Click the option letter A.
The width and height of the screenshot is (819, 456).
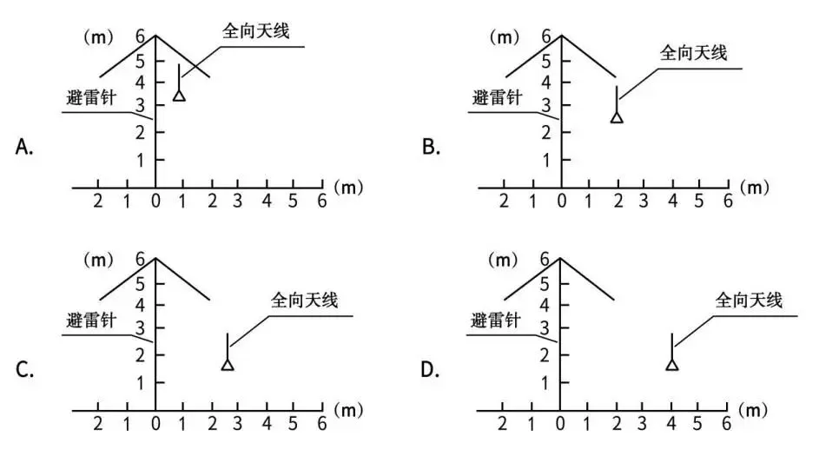tap(24, 147)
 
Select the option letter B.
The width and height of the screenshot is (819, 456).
tap(431, 147)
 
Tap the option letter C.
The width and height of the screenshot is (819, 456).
tap(24, 370)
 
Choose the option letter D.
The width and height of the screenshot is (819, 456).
tap(429, 370)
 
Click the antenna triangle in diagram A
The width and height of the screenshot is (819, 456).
tap(179, 96)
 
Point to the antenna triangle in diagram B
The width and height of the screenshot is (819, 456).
tap(617, 117)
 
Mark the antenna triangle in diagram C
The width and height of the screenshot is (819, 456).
tap(228, 365)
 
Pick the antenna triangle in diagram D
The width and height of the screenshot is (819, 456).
tap(672, 365)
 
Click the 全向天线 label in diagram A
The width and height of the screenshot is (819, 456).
tap(256, 30)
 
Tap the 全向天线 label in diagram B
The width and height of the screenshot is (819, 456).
tap(693, 53)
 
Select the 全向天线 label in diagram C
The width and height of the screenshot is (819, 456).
tap(304, 301)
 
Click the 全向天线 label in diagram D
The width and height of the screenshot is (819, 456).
tap(749, 301)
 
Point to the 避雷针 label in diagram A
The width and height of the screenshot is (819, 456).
tap(91, 97)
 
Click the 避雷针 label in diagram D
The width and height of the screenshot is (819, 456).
tap(496, 321)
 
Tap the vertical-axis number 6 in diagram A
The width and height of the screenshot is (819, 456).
tap(140, 36)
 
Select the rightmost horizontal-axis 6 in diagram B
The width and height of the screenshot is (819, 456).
tap(728, 201)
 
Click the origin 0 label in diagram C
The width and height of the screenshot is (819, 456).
tap(155, 424)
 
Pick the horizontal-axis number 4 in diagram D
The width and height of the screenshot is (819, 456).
tap(671, 424)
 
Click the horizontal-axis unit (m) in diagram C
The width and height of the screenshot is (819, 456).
tap(348, 411)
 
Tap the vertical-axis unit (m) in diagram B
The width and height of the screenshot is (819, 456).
tap(504, 37)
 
